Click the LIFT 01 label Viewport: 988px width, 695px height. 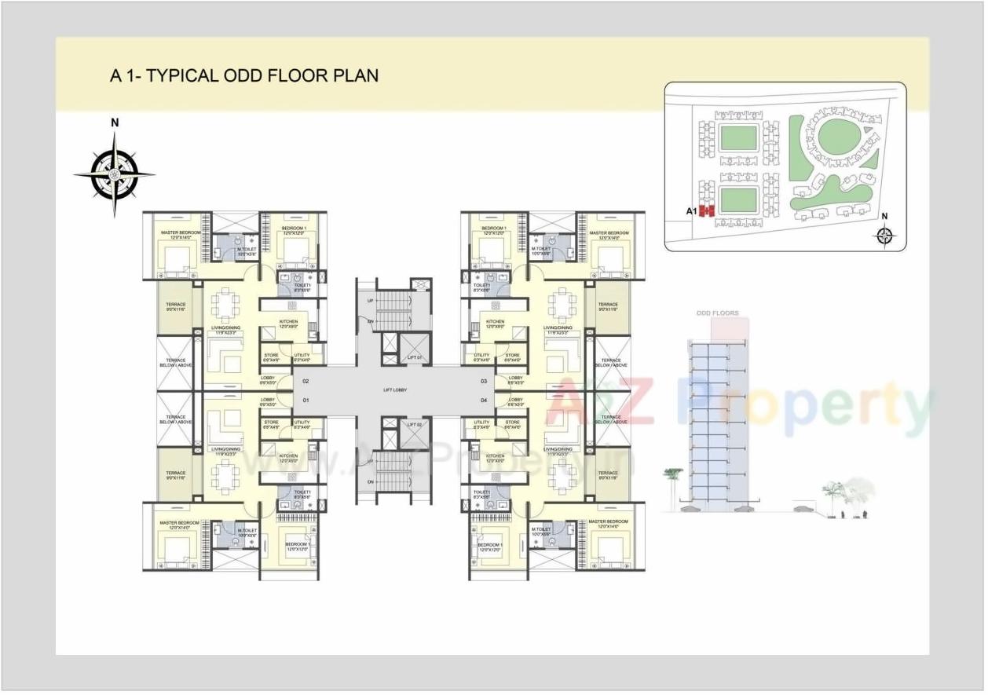(x=415, y=358)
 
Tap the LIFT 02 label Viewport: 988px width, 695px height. (x=415, y=425)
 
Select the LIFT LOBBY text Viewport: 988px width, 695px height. (x=395, y=391)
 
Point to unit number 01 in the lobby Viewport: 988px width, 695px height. (x=306, y=401)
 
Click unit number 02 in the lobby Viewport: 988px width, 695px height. (x=306, y=382)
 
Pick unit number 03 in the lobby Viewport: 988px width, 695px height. (x=484, y=382)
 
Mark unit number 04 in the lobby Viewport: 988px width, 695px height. (x=484, y=401)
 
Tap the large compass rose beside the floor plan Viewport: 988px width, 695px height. (x=115, y=174)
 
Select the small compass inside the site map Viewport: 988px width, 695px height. (x=885, y=234)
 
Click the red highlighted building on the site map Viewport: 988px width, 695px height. (x=707, y=210)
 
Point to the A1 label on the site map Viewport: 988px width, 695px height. (x=691, y=211)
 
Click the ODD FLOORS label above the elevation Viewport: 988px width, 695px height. (x=718, y=313)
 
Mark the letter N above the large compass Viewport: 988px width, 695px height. (x=115, y=123)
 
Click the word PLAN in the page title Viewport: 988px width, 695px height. (x=357, y=75)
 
